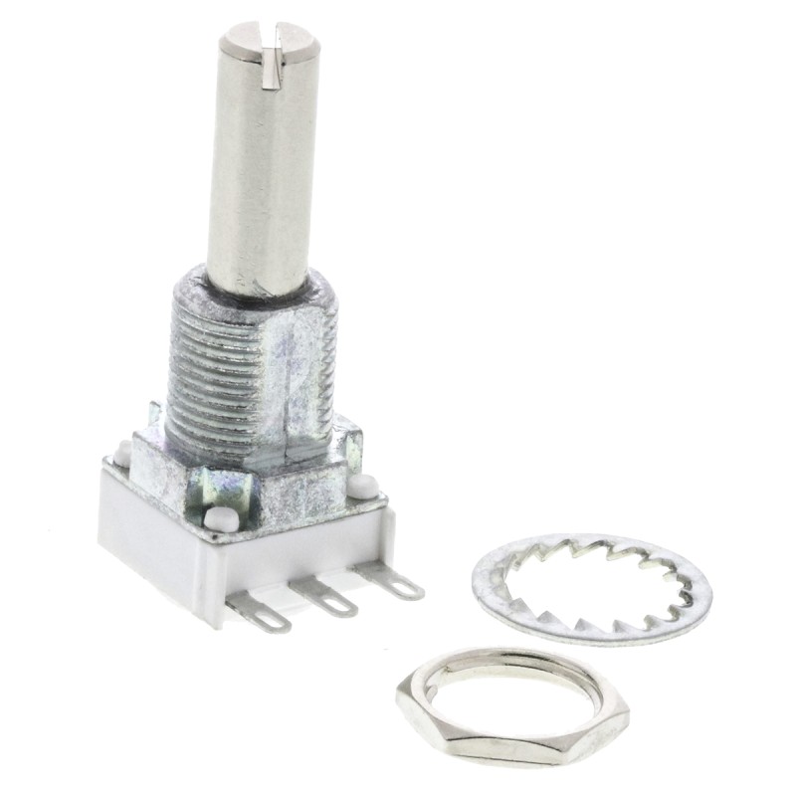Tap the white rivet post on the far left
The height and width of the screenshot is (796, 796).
click(122, 454)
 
